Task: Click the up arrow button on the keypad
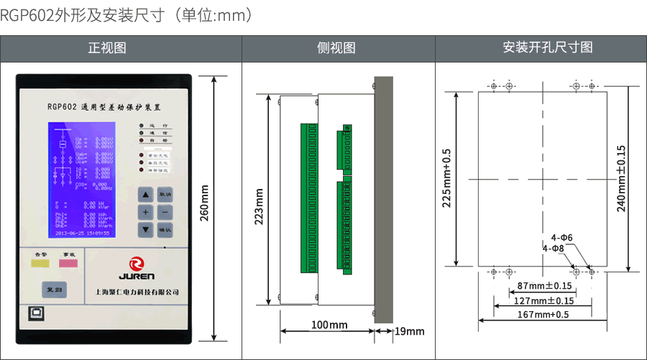pos(146,195)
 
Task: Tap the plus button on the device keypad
pos(146,213)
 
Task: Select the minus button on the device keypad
pos(165,213)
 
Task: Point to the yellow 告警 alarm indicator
pos(40,262)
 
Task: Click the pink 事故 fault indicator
pos(68,262)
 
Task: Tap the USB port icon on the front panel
pos(35,313)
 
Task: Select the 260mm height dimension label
pos(204,203)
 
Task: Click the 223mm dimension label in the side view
pos(260,207)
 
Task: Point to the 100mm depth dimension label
pos(329,325)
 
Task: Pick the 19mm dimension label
pos(410,331)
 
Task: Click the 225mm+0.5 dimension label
pos(446,178)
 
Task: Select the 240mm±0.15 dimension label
pos(621,178)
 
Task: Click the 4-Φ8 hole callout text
pos(554,248)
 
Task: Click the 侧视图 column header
pos(337,48)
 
